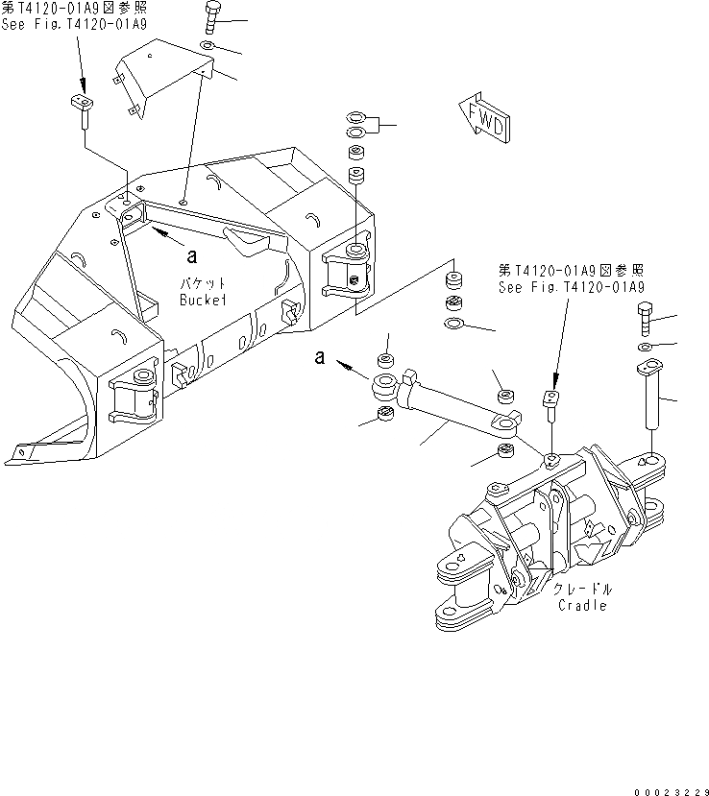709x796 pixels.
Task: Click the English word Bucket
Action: pyautogui.click(x=203, y=300)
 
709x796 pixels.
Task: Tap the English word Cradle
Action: pyautogui.click(x=581, y=606)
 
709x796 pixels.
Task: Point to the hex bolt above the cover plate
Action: pyautogui.click(x=212, y=19)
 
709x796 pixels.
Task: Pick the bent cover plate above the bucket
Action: pyautogui.click(x=159, y=83)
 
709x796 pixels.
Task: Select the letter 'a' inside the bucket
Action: pyautogui.click(x=192, y=255)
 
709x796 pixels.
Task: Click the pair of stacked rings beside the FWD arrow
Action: pyautogui.click(x=354, y=126)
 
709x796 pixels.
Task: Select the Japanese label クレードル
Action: pyautogui.click(x=582, y=589)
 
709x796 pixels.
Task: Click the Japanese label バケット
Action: pyautogui.click(x=203, y=283)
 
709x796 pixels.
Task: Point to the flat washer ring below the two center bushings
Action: pyautogui.click(x=453, y=322)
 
